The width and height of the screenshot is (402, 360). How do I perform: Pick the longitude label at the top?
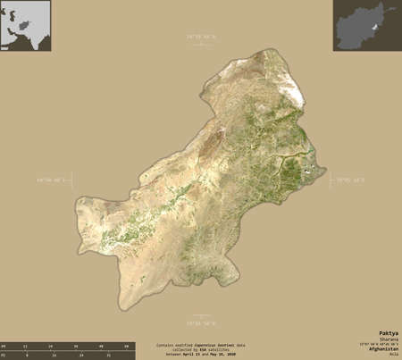[x=202, y=35]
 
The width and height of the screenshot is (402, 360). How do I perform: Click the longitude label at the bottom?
[x=202, y=319]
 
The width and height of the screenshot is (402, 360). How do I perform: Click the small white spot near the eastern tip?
[x=307, y=168]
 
